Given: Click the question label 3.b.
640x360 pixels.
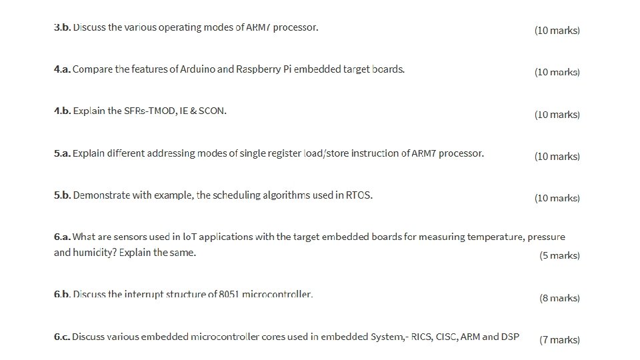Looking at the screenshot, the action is pyautogui.click(x=62, y=27).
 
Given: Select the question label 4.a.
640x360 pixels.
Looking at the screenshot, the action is pyautogui.click(x=62, y=69).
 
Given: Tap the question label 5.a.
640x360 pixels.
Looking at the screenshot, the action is pyautogui.click(x=62, y=153).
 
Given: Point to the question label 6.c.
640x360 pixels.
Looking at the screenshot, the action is pyautogui.click(x=62, y=337).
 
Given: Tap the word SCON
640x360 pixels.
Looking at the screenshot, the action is pyautogui.click(x=213, y=111).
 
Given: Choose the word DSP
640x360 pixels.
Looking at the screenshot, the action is pyautogui.click(x=510, y=337).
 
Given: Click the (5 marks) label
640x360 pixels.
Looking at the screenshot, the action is pyautogui.click(x=559, y=255).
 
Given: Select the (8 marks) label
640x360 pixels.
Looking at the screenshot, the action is pyautogui.click(x=559, y=298).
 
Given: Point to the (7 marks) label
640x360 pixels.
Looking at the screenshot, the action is pyautogui.click(x=559, y=340).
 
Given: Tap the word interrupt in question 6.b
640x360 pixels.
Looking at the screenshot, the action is pyautogui.click(x=145, y=295).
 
